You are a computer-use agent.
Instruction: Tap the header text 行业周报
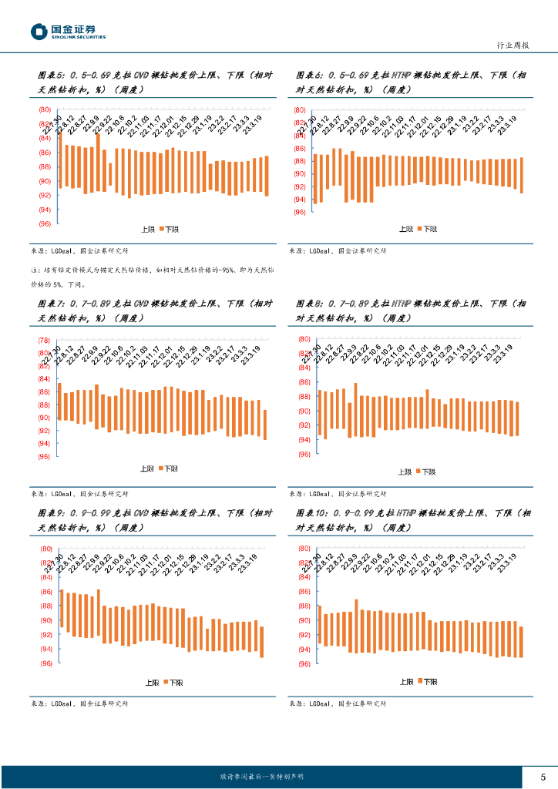point(511,45)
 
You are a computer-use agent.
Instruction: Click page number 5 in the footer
point(543,776)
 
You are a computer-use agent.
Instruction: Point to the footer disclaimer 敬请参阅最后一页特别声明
point(262,777)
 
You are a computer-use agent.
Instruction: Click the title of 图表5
point(154,82)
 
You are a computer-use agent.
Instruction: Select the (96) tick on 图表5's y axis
point(45,223)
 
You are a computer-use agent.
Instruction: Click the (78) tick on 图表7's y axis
point(45,340)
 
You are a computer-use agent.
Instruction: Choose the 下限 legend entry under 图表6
point(427,229)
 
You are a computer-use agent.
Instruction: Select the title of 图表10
point(413,520)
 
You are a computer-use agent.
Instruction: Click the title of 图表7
point(154,311)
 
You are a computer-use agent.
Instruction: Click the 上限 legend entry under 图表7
point(146,468)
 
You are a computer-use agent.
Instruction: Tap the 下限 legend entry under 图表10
point(427,682)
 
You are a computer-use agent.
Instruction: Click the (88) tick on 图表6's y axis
point(300,161)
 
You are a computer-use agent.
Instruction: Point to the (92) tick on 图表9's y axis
point(45,635)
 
